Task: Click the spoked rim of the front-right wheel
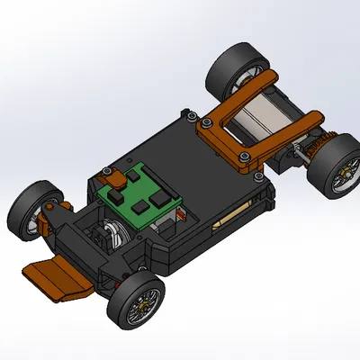[x=142, y=306]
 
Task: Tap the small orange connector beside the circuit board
[x=183, y=215]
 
